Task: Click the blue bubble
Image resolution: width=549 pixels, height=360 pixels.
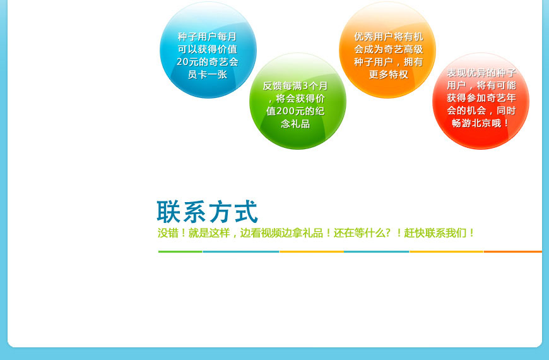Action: point(208,50)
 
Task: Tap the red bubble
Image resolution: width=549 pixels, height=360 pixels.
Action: point(481,101)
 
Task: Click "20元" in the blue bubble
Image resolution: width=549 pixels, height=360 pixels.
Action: point(188,62)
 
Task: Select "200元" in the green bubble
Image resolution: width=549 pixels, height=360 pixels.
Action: point(285,111)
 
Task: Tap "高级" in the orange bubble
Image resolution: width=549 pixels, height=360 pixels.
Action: point(413,49)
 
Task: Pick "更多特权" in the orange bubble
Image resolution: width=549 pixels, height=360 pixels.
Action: point(388,75)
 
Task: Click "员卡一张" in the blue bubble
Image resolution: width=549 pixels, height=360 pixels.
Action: point(208,75)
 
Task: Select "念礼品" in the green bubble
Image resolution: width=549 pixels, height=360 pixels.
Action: point(295,124)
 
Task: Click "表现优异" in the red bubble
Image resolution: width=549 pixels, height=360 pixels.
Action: point(466,73)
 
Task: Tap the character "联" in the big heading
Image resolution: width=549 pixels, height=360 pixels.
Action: point(168,212)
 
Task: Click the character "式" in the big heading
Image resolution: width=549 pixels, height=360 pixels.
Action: point(246,212)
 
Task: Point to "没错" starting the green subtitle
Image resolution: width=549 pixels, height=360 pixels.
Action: point(168,233)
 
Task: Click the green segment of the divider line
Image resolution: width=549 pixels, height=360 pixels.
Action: point(180,251)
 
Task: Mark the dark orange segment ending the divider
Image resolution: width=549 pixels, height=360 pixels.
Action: point(513,251)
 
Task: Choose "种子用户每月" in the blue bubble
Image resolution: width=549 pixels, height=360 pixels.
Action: point(207,37)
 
